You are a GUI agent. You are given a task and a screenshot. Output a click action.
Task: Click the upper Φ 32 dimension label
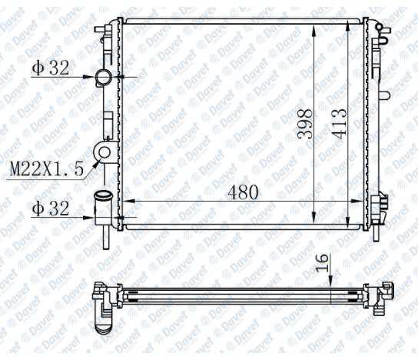[x=51, y=68]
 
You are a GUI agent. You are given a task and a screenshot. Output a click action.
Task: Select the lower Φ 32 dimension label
[x=51, y=208]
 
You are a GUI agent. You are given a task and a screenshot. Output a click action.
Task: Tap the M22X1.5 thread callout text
[x=45, y=168]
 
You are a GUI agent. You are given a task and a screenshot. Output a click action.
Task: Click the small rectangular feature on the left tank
[x=108, y=121]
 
